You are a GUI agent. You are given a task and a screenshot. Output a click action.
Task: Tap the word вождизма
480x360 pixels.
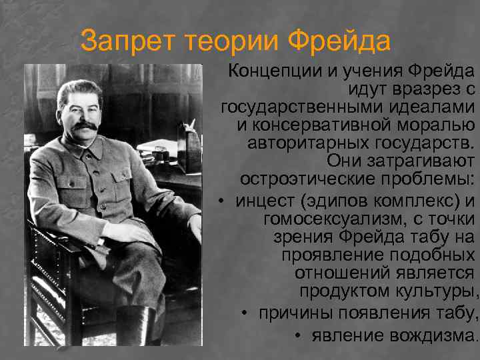pos(429,335)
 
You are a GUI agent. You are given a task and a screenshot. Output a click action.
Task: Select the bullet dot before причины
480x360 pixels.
pos(245,313)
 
